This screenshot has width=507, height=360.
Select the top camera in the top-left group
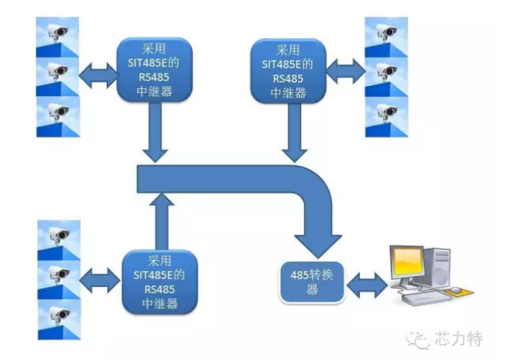pos(58,33)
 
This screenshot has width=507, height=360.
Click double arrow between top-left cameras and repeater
pos(98,75)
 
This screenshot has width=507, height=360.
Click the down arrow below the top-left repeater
pos(156,132)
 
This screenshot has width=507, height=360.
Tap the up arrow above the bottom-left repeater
pos(160,221)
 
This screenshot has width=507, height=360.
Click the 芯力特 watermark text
pos(455,338)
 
